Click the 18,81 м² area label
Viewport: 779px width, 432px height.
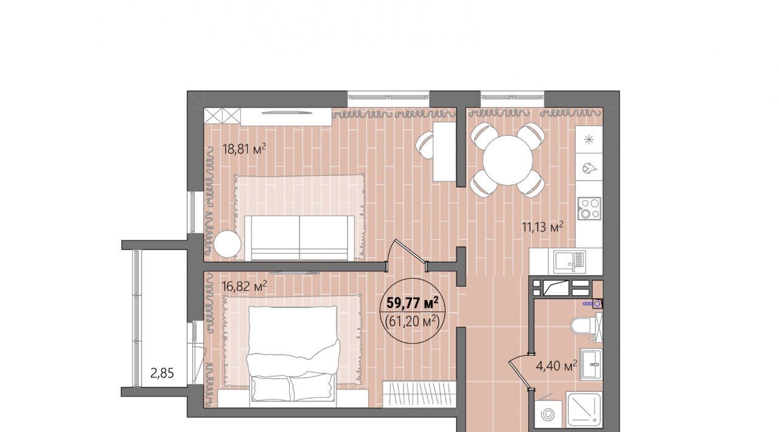click(244, 149)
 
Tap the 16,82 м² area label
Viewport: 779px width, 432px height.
click(244, 286)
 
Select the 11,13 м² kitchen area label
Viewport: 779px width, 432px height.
click(542, 228)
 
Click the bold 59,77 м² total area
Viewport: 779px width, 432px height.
click(412, 303)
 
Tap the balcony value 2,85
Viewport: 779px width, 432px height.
click(162, 373)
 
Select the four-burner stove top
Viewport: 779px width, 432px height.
click(590, 208)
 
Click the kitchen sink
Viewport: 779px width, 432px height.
click(570, 262)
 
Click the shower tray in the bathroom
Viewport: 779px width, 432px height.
click(584, 409)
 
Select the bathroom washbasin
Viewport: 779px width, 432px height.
click(592, 364)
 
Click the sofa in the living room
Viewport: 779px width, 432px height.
click(299, 238)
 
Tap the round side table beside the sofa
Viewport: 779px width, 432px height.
click(228, 244)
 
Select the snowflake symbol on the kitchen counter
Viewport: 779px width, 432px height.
click(589, 140)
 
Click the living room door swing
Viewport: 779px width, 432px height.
click(407, 254)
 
